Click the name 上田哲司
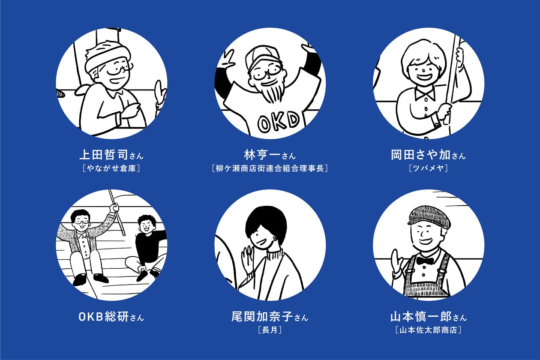click(x=104, y=155)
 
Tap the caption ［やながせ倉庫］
click(x=111, y=168)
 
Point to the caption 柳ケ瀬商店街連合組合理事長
click(x=270, y=168)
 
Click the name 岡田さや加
click(x=421, y=155)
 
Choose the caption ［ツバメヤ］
click(x=429, y=168)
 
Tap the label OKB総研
click(x=104, y=317)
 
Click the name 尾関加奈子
click(x=262, y=317)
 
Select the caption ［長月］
click(x=270, y=330)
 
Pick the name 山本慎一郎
click(x=421, y=317)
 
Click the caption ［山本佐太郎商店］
click(x=429, y=330)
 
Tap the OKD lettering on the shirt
click(x=279, y=122)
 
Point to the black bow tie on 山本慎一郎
click(x=425, y=261)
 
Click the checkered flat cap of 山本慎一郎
click(x=429, y=216)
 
